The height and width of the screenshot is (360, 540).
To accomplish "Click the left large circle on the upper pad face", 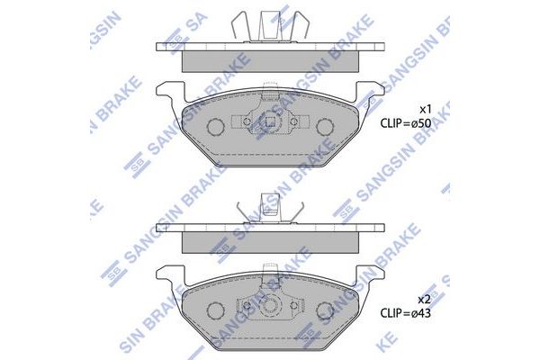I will pyautogui.click(x=217, y=126).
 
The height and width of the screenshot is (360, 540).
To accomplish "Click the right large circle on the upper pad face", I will pyautogui.click(x=320, y=126).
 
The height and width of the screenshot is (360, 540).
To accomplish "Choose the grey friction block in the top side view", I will pyautogui.click(x=268, y=60).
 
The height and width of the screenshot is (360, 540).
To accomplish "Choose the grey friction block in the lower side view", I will pyautogui.click(x=268, y=242).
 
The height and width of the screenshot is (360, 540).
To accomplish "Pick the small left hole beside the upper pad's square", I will pyautogui.click(x=247, y=121).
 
